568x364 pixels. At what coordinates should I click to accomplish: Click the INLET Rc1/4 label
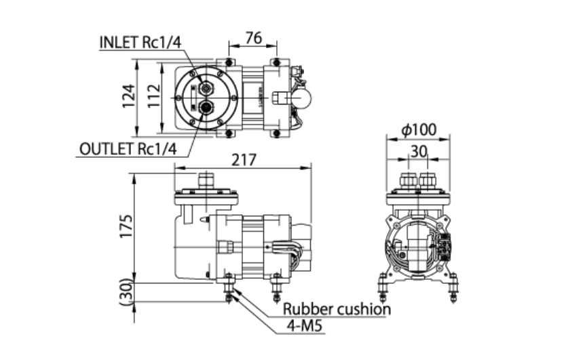coord(141,41)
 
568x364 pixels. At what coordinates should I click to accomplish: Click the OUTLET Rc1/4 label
coord(128,149)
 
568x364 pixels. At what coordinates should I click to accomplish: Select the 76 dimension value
coord(253,38)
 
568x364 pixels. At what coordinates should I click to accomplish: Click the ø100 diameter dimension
coord(419,129)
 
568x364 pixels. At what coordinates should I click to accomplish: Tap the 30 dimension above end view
coord(419,151)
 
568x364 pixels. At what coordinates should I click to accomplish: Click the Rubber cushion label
coord(337,309)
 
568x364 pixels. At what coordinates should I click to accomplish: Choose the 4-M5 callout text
coord(303,328)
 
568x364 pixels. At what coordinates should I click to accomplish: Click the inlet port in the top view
coord(206,88)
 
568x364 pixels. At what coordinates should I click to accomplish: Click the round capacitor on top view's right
coord(302,98)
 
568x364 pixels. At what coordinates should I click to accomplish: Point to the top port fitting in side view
coord(206,181)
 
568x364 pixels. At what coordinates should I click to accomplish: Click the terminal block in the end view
coord(444,245)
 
